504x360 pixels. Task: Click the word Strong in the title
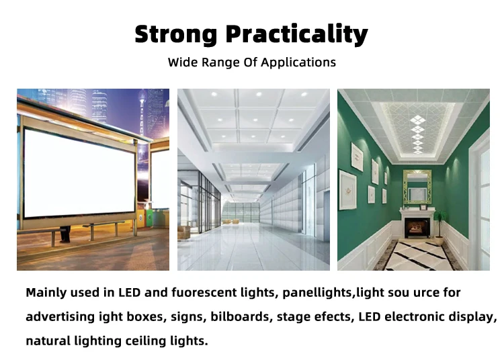click(176, 34)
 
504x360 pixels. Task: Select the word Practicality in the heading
click(296, 34)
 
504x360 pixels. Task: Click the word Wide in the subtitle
click(182, 62)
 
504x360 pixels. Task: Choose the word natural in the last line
click(48, 341)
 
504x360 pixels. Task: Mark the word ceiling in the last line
click(146, 341)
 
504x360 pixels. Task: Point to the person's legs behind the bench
click(65, 234)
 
